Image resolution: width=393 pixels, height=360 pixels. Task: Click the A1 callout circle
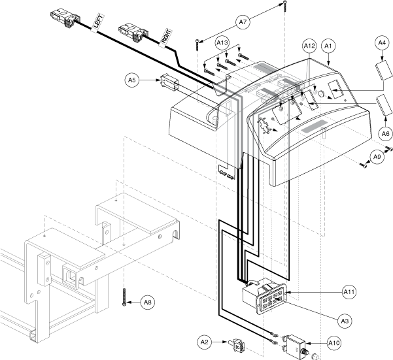[x=328, y=46]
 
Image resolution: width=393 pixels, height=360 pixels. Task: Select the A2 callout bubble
[x=205, y=340]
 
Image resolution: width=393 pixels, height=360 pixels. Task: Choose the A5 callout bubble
[x=133, y=80]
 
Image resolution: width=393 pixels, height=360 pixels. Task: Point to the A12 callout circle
[x=309, y=46]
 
